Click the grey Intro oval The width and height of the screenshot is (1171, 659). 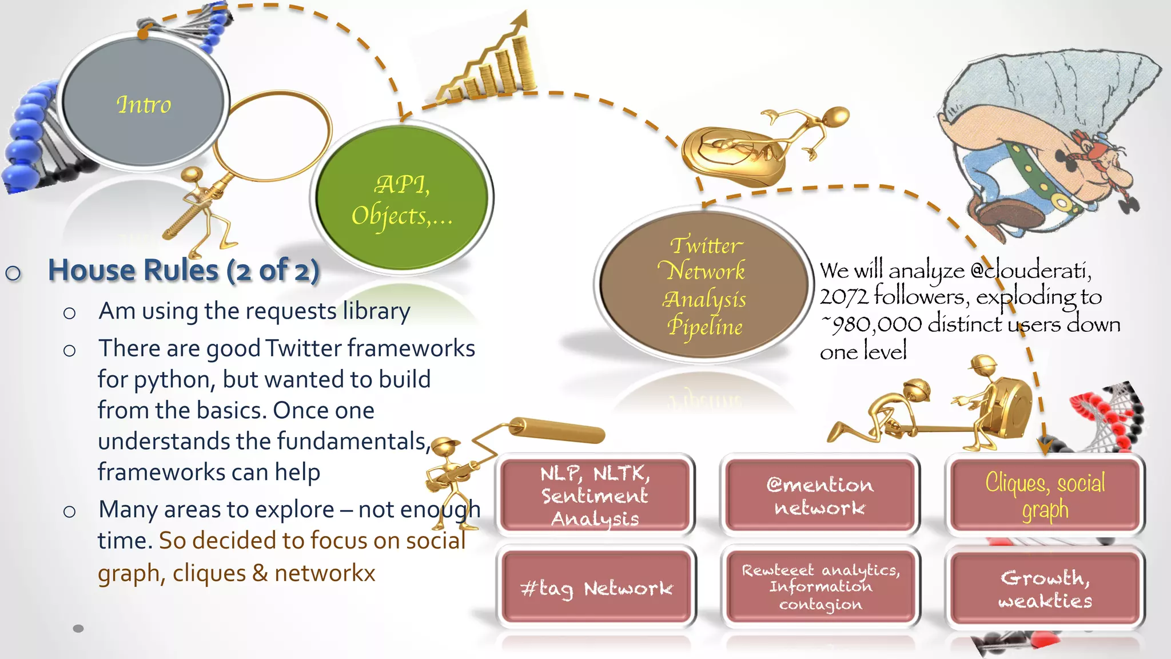point(143,103)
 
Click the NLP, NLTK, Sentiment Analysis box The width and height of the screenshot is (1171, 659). point(595,495)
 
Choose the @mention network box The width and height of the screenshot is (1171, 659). point(820,495)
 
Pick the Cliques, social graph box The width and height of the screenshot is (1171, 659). point(1045,495)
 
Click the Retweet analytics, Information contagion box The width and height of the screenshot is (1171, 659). point(821,586)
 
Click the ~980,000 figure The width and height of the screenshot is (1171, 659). point(871,324)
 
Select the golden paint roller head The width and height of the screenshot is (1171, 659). point(557,430)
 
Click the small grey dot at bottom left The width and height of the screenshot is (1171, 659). point(78,628)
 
